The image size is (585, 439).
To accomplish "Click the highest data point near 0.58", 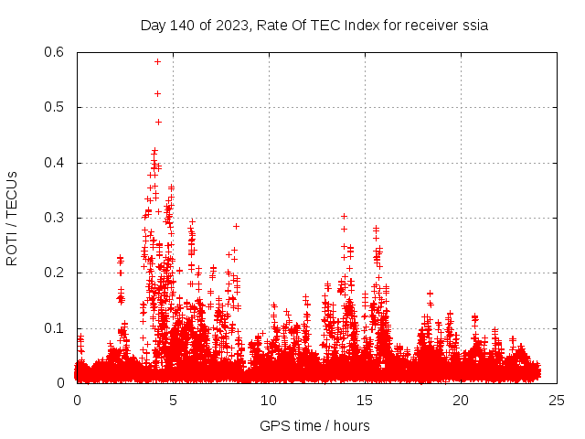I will [157, 61].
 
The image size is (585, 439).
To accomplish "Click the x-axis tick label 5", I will [173, 401].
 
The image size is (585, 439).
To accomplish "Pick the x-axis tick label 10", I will [269, 401].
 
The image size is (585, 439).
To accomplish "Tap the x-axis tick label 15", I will [365, 401].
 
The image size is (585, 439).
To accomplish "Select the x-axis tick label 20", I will [461, 401].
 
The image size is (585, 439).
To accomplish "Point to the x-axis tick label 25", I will [557, 401].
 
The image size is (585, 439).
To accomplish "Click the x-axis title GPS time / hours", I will [314, 425].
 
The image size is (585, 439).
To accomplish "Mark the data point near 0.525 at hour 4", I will [157, 93].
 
